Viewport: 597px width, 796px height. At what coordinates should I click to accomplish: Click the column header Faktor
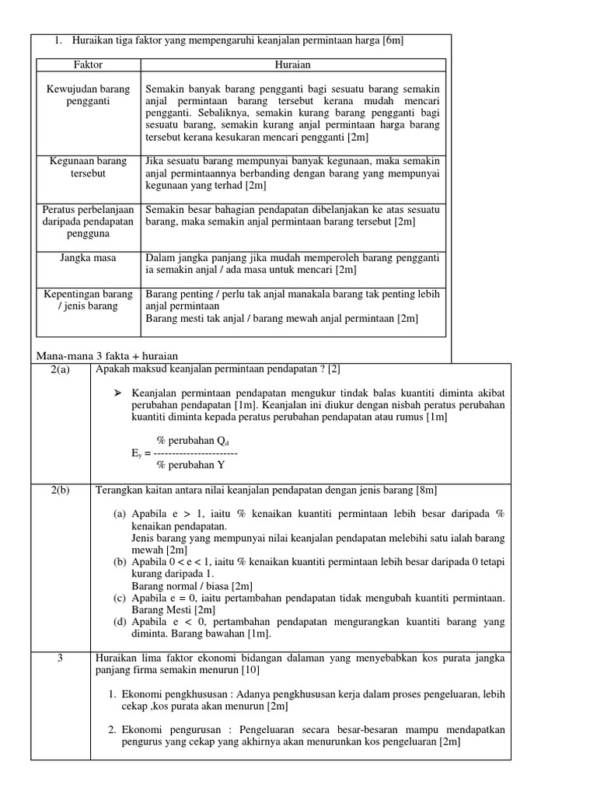pyautogui.click(x=89, y=65)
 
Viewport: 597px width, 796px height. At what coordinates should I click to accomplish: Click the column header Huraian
pyautogui.click(x=293, y=65)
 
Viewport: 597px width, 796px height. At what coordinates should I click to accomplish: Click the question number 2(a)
pyautogui.click(x=61, y=369)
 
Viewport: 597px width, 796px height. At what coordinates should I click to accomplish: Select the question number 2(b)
pyautogui.click(x=61, y=491)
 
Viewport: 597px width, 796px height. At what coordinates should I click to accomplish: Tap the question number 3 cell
pyautogui.click(x=60, y=658)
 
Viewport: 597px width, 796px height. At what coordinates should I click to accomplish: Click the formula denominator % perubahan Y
pyautogui.click(x=190, y=465)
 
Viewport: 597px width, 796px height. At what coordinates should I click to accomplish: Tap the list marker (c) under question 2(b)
pyautogui.click(x=120, y=598)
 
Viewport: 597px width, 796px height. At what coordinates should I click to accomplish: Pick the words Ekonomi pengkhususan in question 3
pyautogui.click(x=176, y=693)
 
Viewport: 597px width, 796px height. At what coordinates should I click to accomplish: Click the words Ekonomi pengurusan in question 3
pyautogui.click(x=173, y=729)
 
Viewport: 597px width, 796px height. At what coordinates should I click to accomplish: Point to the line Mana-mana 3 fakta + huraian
pyautogui.click(x=102, y=355)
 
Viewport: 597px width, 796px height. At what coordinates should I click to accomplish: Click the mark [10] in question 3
pyautogui.click(x=250, y=669)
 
